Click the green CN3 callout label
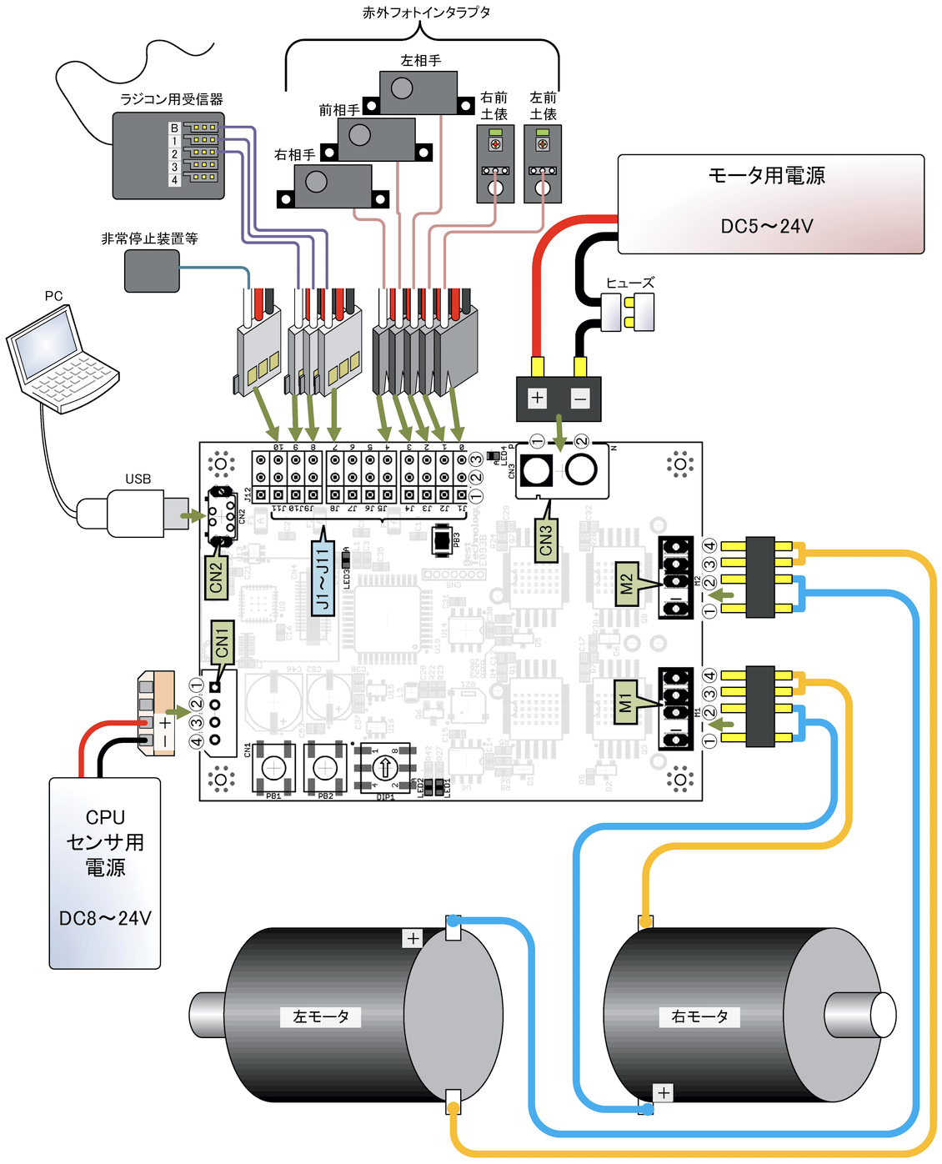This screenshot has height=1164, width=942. point(546,540)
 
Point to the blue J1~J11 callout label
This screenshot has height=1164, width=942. point(323,579)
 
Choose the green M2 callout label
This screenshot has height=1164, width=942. point(627,584)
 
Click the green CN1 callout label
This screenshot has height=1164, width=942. point(223,642)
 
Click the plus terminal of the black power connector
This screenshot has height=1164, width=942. point(538,398)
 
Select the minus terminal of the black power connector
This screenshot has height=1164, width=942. point(580,399)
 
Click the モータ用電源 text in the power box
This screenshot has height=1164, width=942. point(766,176)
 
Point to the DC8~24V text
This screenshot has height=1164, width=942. point(105,918)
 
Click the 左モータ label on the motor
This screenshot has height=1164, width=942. point(321,1016)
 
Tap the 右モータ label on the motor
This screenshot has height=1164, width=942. point(699,1016)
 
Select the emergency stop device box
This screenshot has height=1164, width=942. point(152,271)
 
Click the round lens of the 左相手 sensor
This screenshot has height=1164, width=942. point(402,88)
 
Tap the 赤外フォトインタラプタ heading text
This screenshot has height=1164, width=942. point(426,13)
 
